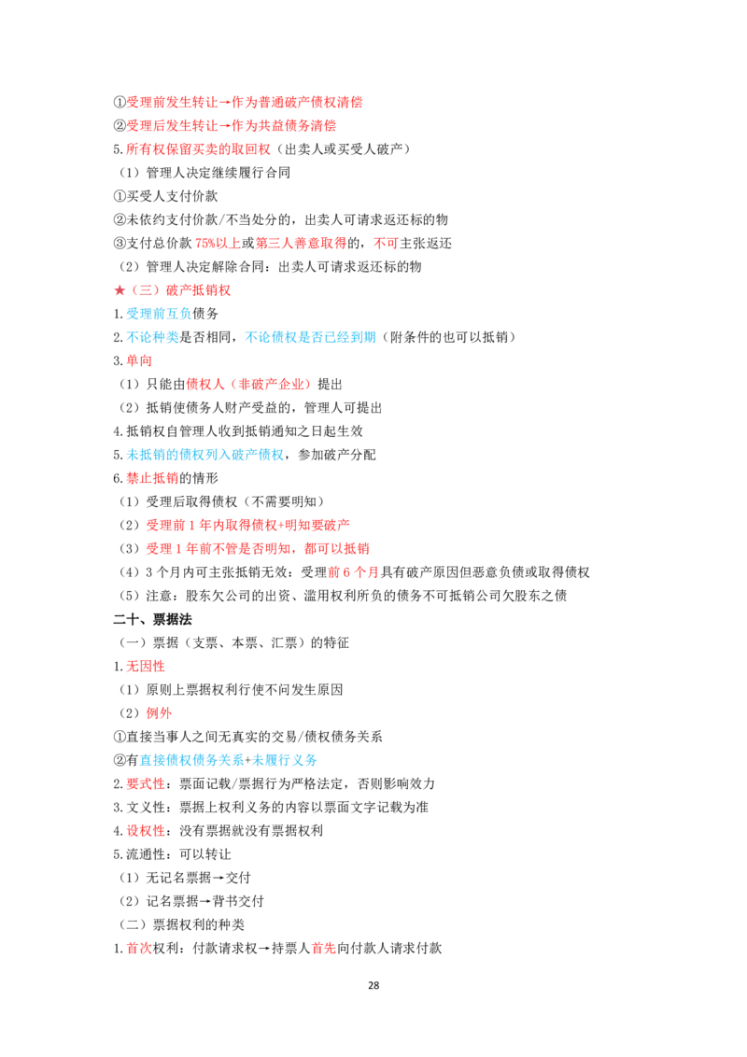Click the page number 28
pos(373,985)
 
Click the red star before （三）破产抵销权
pos(120,289)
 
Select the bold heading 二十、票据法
pos(152,619)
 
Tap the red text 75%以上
pos(218,243)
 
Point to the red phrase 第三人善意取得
pos(301,243)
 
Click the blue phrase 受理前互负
pos(159,314)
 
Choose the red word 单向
pos(139,360)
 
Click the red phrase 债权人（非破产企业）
pos(248,385)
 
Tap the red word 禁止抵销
pos(152,478)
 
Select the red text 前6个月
pos(353,572)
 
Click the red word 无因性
pos(146,666)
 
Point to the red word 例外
pos(159,713)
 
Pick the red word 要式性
pos(146,783)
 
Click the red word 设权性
pos(146,830)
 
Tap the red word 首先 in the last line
pos(324,948)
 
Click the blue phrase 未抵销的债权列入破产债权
pos(204,455)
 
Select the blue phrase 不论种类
pos(152,337)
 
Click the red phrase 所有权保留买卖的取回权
pos(198,149)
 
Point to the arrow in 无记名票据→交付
pos(218,878)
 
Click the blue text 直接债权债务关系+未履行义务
pos(229,760)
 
